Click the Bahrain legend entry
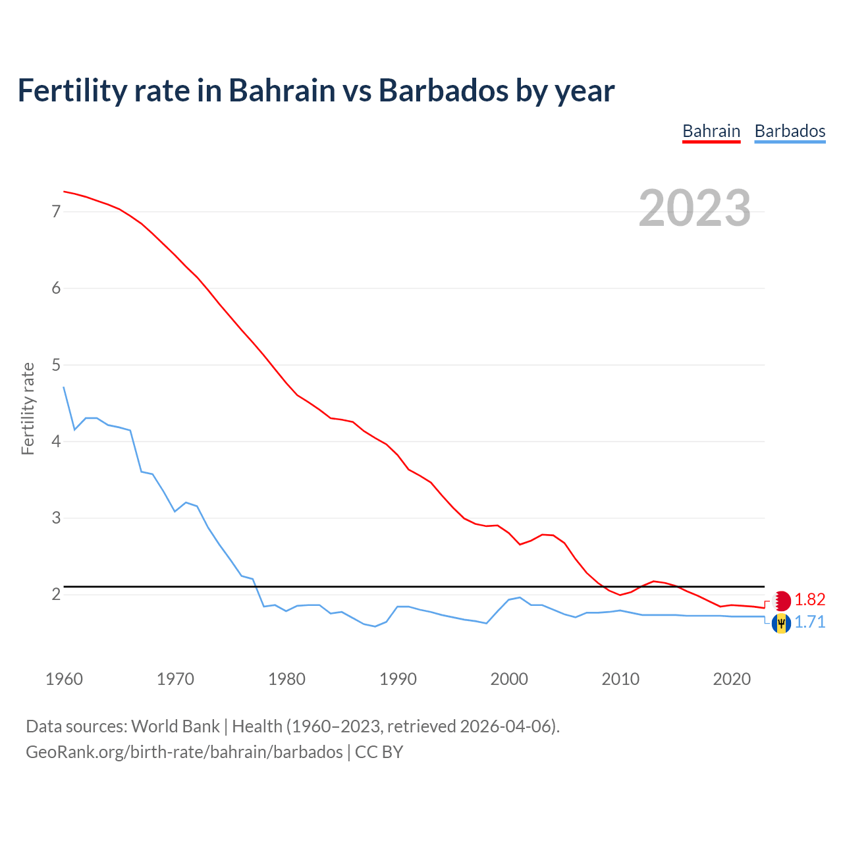click(x=711, y=131)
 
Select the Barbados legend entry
click(x=790, y=131)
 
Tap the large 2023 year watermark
click(x=695, y=208)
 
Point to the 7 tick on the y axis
click(x=56, y=211)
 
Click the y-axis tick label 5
click(x=56, y=365)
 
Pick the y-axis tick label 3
click(x=56, y=518)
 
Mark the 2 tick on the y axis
click(x=56, y=595)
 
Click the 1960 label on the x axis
click(x=64, y=679)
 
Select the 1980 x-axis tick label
click(x=286, y=679)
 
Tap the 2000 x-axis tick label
click(x=509, y=679)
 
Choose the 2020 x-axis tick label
click(x=732, y=679)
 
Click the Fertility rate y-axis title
click(x=28, y=408)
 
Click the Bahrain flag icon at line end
click(x=782, y=601)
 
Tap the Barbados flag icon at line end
click(x=782, y=622)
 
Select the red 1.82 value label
click(x=809, y=600)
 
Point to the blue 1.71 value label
click(x=809, y=622)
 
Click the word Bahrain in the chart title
click(x=281, y=90)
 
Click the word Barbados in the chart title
click(x=443, y=90)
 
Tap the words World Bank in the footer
click(x=175, y=726)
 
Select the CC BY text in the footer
click(x=379, y=752)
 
